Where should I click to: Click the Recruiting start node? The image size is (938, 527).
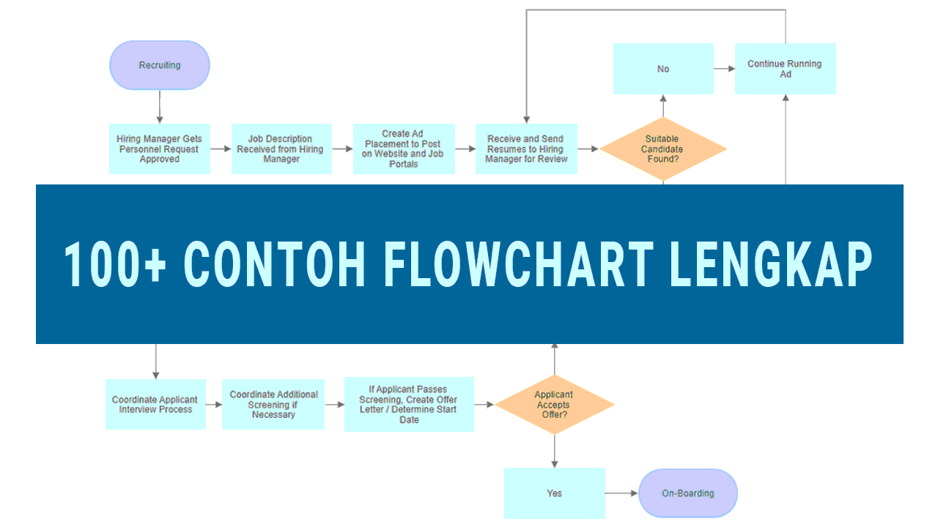coord(160,65)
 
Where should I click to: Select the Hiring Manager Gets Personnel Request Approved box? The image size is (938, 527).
coord(160,149)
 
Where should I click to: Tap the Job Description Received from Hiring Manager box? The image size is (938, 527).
coord(281,149)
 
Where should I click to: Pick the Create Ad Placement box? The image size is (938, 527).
coord(404,149)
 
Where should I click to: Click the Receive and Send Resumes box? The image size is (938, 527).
coord(526,149)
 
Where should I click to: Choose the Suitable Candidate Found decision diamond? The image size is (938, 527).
coord(662,149)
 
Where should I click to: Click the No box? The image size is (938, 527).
coord(663,69)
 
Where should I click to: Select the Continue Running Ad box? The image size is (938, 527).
coord(785,69)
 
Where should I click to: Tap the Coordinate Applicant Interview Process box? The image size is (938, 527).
coord(155,404)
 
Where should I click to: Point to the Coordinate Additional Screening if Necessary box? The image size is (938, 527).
coord(273,404)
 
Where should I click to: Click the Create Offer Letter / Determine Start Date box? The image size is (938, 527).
coord(409,404)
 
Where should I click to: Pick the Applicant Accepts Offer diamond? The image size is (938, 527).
coord(554,404)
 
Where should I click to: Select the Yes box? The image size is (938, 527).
coord(554,493)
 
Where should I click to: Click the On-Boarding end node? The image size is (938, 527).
coord(688,493)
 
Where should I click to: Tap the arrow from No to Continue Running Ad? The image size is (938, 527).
coord(724,69)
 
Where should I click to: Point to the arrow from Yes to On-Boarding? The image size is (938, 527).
coord(621,493)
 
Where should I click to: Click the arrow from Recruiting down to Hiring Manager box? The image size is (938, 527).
coord(160,106)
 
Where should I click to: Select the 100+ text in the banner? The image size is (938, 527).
coord(115,264)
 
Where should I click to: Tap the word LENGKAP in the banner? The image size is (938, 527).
coord(771,264)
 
